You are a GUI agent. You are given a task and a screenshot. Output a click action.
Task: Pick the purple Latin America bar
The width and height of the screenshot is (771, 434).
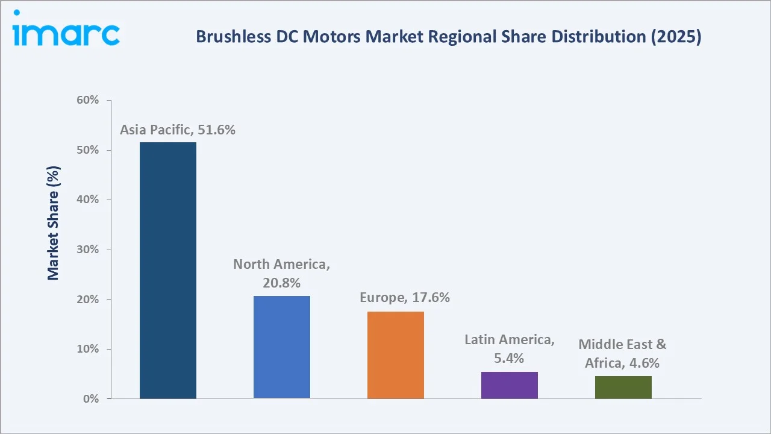[510, 385]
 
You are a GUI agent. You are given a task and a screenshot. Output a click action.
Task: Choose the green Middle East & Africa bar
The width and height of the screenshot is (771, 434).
[623, 387]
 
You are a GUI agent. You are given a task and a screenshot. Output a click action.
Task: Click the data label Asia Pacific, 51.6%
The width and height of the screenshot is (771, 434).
[177, 130]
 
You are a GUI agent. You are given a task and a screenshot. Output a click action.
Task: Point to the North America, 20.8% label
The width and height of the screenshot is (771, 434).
[282, 273]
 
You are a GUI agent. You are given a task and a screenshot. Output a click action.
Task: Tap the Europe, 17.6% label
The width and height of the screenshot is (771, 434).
[404, 298]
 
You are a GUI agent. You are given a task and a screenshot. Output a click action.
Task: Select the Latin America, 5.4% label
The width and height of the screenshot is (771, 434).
[510, 349]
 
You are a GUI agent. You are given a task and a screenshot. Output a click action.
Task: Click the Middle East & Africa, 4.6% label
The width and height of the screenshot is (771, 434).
[622, 353]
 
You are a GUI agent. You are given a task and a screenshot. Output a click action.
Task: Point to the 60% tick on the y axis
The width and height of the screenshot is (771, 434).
[87, 100]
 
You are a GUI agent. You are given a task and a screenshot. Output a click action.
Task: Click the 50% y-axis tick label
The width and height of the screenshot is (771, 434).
[87, 150]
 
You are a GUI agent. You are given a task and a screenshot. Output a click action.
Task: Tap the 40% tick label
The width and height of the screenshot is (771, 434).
[87, 200]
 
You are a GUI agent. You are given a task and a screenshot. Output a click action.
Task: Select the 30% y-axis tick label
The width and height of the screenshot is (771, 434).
[87, 250]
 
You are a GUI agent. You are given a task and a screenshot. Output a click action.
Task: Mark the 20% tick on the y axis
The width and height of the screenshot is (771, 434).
[87, 300]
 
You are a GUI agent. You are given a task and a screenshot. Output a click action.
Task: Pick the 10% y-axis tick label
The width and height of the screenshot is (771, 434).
[87, 349]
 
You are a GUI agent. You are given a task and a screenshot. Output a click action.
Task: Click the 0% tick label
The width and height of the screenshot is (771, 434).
[90, 399]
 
